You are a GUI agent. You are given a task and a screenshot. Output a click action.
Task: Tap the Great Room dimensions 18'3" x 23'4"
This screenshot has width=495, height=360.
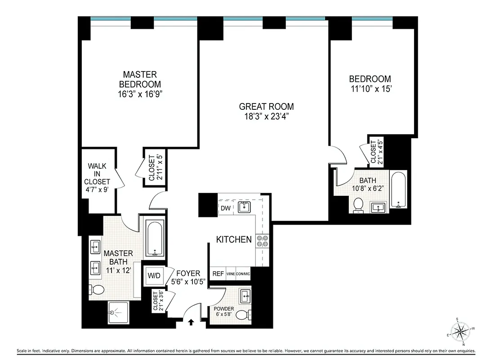[x=266, y=117]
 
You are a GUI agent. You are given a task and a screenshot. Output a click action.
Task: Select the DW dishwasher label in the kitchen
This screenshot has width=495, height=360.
[x=226, y=208]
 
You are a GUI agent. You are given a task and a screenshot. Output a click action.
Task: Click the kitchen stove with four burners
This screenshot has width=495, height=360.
[x=262, y=241]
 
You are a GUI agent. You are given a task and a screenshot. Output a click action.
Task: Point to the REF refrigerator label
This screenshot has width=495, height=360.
[x=218, y=274]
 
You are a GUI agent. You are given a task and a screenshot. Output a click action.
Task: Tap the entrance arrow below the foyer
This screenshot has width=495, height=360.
[x=191, y=322]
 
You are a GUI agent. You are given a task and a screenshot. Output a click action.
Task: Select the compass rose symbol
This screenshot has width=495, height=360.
[x=459, y=332]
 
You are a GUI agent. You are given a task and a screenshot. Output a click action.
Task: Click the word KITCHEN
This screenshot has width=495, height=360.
[x=234, y=239]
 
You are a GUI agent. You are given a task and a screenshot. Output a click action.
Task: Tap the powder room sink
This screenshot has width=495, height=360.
[x=245, y=296]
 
